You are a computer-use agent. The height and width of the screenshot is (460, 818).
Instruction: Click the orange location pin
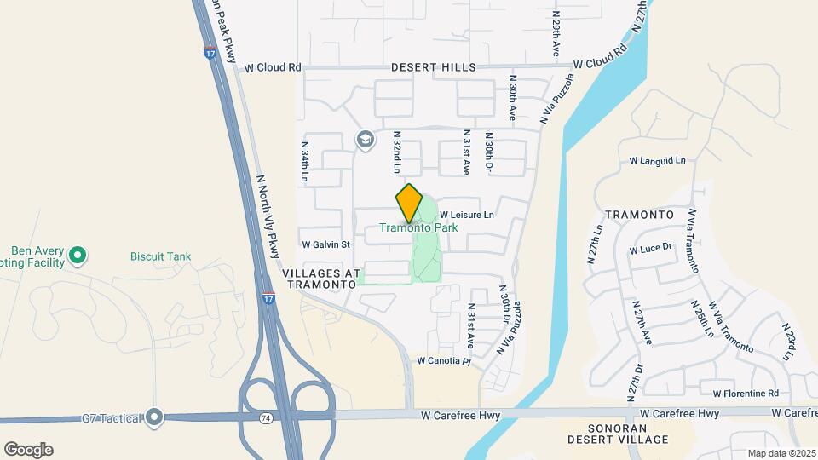click(409, 203)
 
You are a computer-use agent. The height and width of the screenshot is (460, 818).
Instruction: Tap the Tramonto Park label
click(418, 228)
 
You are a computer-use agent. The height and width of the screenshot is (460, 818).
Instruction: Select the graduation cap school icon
click(366, 140)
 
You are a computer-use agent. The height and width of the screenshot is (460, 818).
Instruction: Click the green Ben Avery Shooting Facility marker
click(78, 254)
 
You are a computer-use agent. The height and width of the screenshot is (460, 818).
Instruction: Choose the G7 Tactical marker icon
click(153, 417)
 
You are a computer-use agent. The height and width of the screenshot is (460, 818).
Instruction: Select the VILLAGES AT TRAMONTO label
click(317, 279)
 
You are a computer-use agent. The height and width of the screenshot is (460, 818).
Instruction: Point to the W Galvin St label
click(325, 244)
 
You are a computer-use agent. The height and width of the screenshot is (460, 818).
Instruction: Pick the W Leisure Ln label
click(467, 216)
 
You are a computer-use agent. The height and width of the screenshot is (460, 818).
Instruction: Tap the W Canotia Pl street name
click(443, 361)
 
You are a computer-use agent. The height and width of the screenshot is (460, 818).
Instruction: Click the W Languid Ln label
click(657, 160)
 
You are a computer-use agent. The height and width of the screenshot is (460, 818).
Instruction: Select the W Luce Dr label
click(651, 250)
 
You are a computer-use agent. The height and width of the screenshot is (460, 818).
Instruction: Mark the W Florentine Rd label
click(746, 394)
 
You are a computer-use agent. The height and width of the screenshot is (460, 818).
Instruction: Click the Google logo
click(28, 449)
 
